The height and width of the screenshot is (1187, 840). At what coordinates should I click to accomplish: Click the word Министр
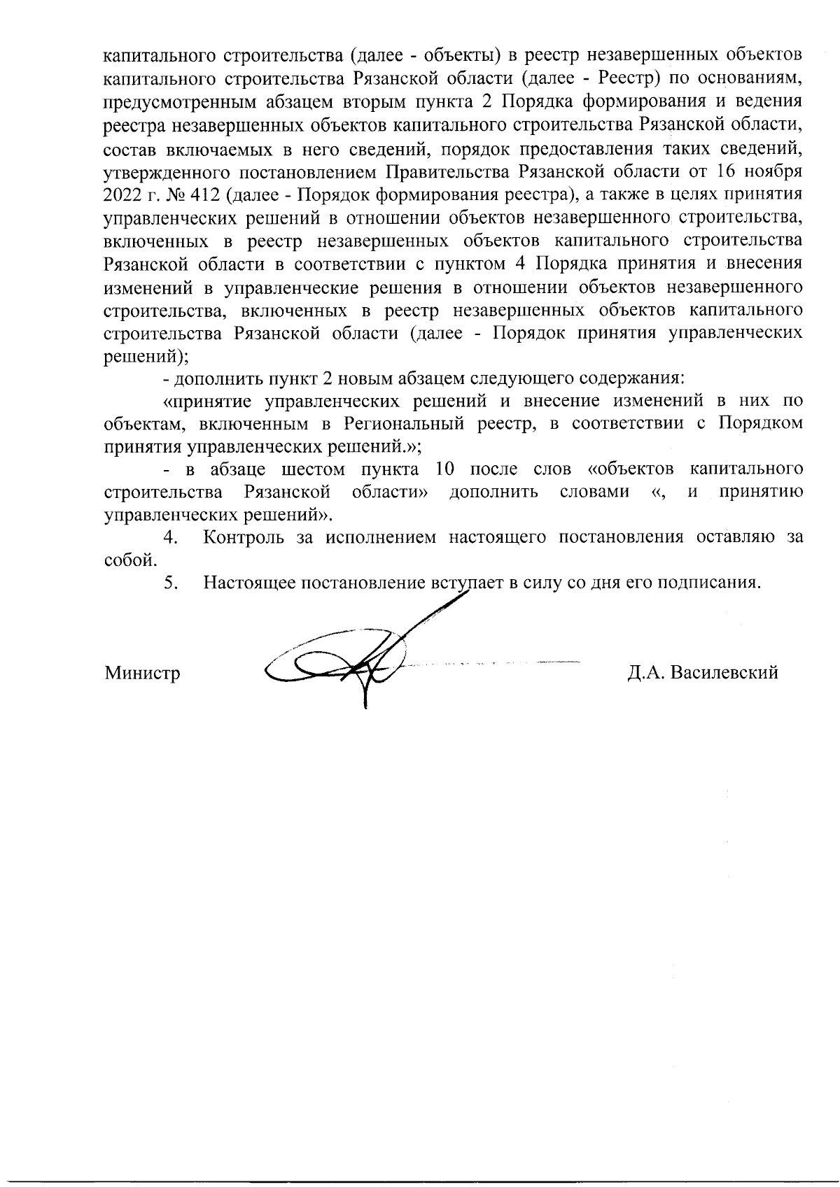click(142, 673)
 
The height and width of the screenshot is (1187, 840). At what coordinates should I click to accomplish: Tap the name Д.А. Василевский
click(702, 673)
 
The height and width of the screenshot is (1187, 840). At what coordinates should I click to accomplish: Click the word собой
click(127, 561)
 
